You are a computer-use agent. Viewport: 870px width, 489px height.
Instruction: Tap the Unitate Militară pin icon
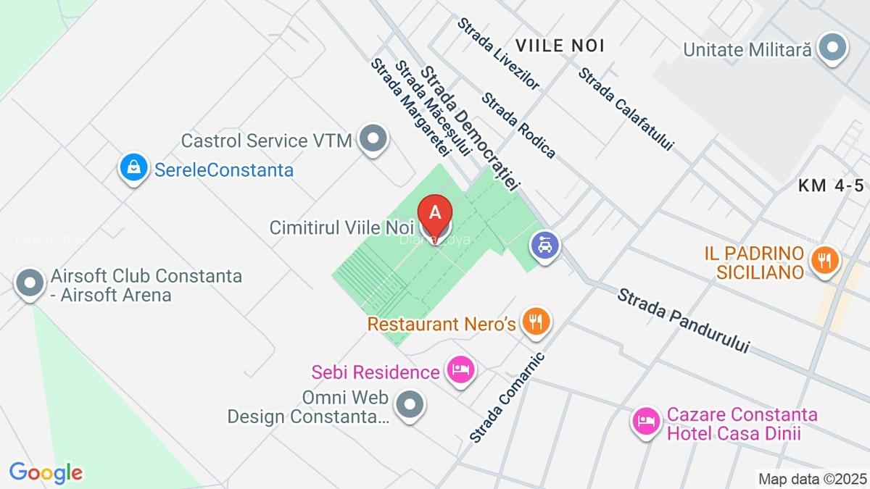tap(832, 48)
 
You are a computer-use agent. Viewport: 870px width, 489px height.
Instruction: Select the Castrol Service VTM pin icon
tap(373, 138)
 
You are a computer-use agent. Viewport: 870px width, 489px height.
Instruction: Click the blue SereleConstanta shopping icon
tap(133, 167)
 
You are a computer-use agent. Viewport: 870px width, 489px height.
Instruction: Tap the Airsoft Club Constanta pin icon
tap(30, 283)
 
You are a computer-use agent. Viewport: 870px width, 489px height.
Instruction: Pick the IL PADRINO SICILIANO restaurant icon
tap(823, 259)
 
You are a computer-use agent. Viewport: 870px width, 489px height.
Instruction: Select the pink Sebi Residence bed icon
tap(460, 370)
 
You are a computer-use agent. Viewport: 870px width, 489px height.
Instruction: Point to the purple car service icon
tap(544, 245)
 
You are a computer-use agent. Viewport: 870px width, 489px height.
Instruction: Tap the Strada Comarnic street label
tap(506, 397)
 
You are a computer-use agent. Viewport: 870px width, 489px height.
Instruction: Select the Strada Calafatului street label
tap(626, 109)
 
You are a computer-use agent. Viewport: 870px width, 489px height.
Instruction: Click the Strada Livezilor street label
tap(498, 54)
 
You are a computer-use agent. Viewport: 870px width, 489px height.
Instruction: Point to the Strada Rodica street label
tap(519, 125)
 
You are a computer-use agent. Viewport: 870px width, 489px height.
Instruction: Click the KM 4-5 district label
tap(833, 185)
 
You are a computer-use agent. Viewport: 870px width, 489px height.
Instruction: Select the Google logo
tap(45, 472)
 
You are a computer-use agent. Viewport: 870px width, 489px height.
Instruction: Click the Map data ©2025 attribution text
tap(812, 478)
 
